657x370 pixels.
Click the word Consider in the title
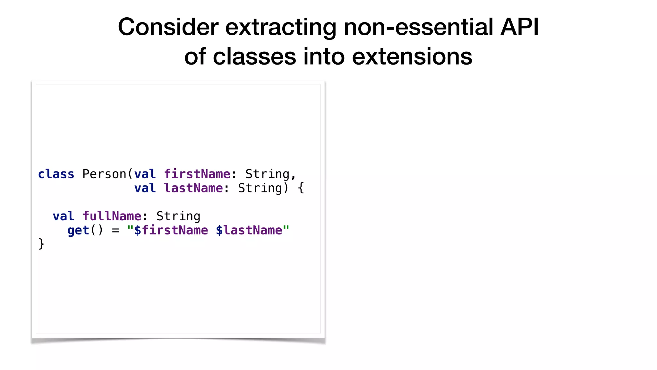[x=168, y=27]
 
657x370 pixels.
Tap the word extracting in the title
[x=281, y=27]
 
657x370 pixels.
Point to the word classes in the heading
[x=254, y=57]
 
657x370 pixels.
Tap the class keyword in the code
[x=56, y=174]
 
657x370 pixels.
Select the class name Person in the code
[x=104, y=174]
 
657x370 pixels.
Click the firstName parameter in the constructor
[x=197, y=174]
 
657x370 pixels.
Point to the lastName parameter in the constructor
[x=193, y=188]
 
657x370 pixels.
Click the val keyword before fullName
[x=64, y=216]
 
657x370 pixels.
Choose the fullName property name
[x=112, y=216]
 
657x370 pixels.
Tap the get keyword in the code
[x=78, y=230]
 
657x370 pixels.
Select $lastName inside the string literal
[x=249, y=230]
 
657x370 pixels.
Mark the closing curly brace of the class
[x=41, y=244]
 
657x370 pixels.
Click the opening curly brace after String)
[x=301, y=188]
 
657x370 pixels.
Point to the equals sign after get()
[x=115, y=231]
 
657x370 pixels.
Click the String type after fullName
[x=178, y=216]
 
